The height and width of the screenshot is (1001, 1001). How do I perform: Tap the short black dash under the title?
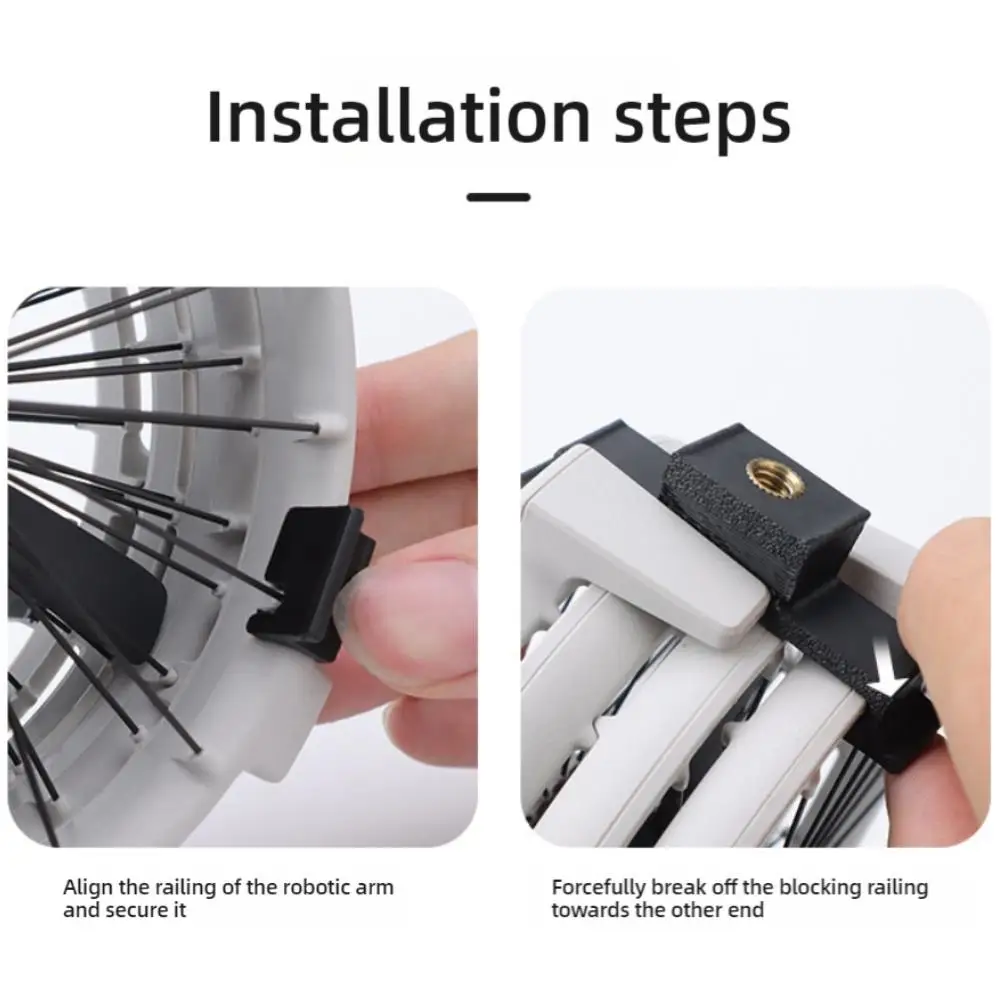point(498,197)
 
